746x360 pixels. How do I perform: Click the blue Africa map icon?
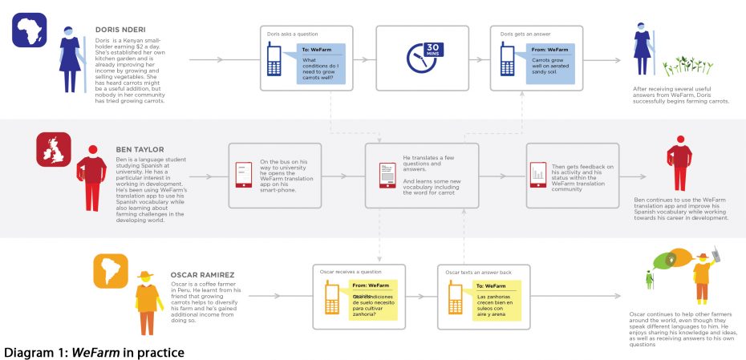coord(30,30)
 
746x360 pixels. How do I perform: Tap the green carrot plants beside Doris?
coord(674,65)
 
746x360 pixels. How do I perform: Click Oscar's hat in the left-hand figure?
coord(145,276)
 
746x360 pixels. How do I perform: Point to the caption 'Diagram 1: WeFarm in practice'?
coord(95,351)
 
